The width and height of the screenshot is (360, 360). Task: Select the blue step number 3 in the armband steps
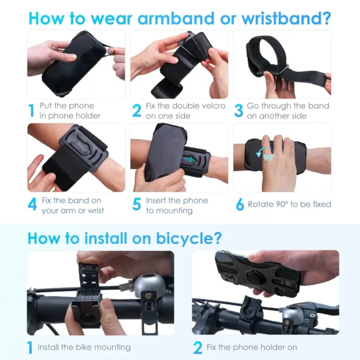click(x=238, y=110)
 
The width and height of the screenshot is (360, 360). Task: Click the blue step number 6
click(x=239, y=205)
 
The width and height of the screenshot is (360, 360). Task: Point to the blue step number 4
click(x=32, y=205)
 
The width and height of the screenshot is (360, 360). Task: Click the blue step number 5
click(x=136, y=205)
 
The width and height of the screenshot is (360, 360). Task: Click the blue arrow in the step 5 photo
click(x=190, y=160)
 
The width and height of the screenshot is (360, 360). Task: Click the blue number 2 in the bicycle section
click(x=197, y=347)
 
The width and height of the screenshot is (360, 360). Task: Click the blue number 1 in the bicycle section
click(x=30, y=347)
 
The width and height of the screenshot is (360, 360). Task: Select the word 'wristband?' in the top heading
click(x=286, y=17)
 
